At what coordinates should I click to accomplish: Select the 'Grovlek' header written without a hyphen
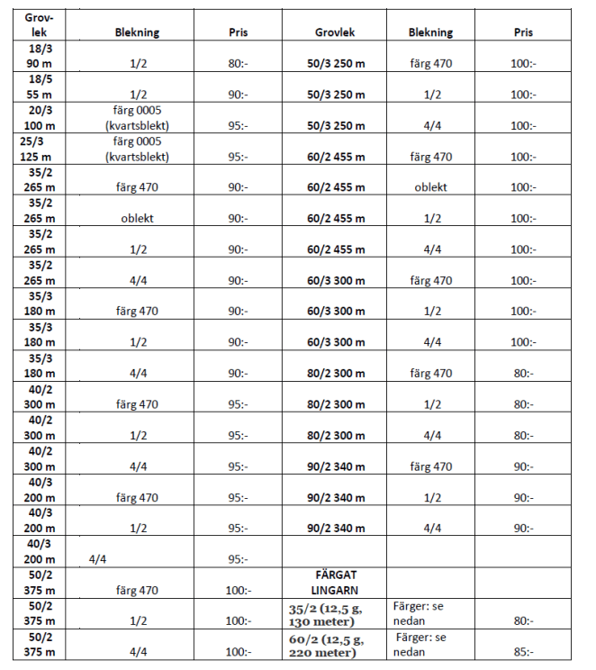(x=335, y=32)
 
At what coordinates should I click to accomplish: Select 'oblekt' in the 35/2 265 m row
(x=137, y=219)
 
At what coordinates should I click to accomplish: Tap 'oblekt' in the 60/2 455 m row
(x=430, y=188)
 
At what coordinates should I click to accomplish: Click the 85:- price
(x=523, y=653)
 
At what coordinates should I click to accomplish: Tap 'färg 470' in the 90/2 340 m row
(x=430, y=467)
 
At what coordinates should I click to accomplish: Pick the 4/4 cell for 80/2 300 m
(x=430, y=436)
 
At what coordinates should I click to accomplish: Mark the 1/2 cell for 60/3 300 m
(x=430, y=312)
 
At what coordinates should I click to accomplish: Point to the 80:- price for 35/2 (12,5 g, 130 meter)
(x=523, y=621)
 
